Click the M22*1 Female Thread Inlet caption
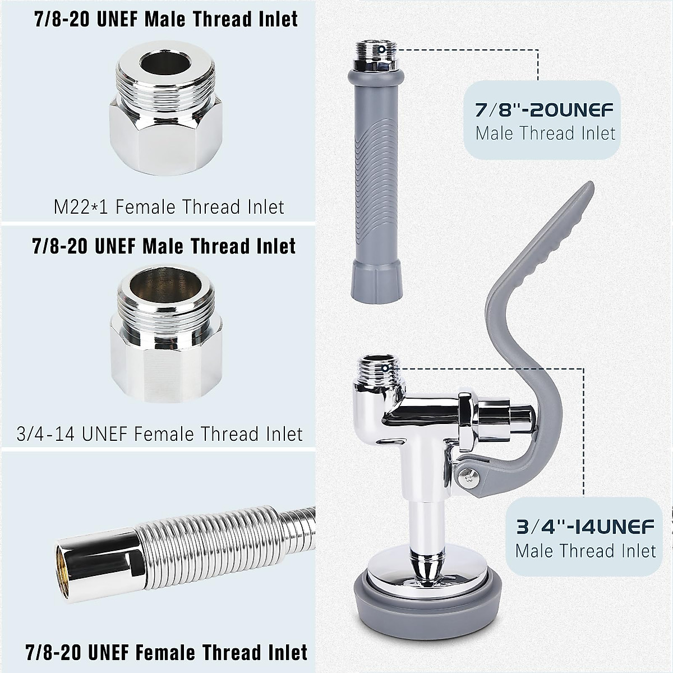click(169, 207)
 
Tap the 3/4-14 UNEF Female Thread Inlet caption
click(160, 434)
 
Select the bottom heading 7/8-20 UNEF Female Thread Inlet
click(167, 652)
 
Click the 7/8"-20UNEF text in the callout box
click(544, 109)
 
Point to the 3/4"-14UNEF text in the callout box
click(586, 527)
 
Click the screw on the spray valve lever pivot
click(465, 476)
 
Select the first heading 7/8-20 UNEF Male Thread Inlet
click(166, 19)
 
